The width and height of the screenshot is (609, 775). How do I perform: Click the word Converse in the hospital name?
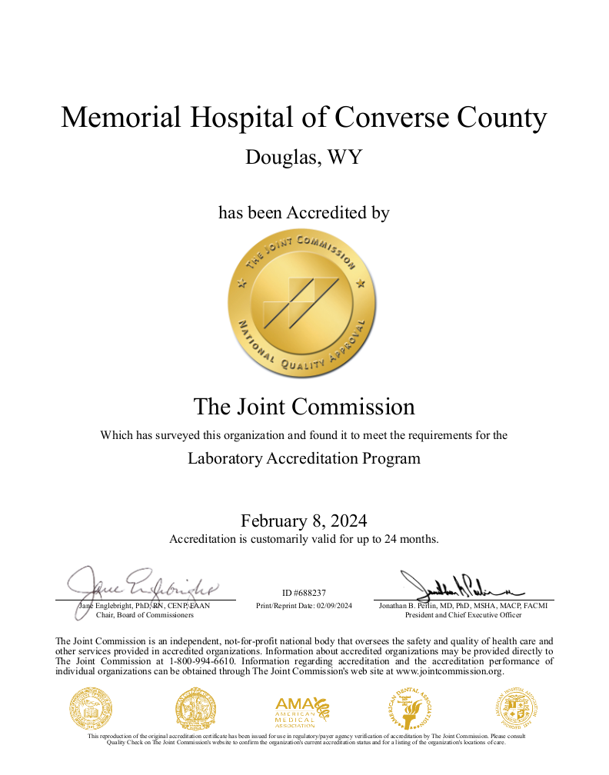384,118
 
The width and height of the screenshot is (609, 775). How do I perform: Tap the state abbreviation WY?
344,157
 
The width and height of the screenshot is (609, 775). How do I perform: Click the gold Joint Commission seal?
304,305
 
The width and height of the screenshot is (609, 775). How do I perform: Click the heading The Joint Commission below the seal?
304,406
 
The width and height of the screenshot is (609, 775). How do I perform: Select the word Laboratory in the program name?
225,458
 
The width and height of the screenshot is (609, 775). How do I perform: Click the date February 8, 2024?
304,521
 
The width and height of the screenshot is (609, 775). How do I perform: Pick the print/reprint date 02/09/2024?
331,606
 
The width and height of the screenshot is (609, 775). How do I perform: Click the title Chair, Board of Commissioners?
145,615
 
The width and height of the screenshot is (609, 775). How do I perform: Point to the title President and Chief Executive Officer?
463,615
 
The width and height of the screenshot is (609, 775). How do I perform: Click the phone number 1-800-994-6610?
205,661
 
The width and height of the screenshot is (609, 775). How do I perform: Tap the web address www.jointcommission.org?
449,671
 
